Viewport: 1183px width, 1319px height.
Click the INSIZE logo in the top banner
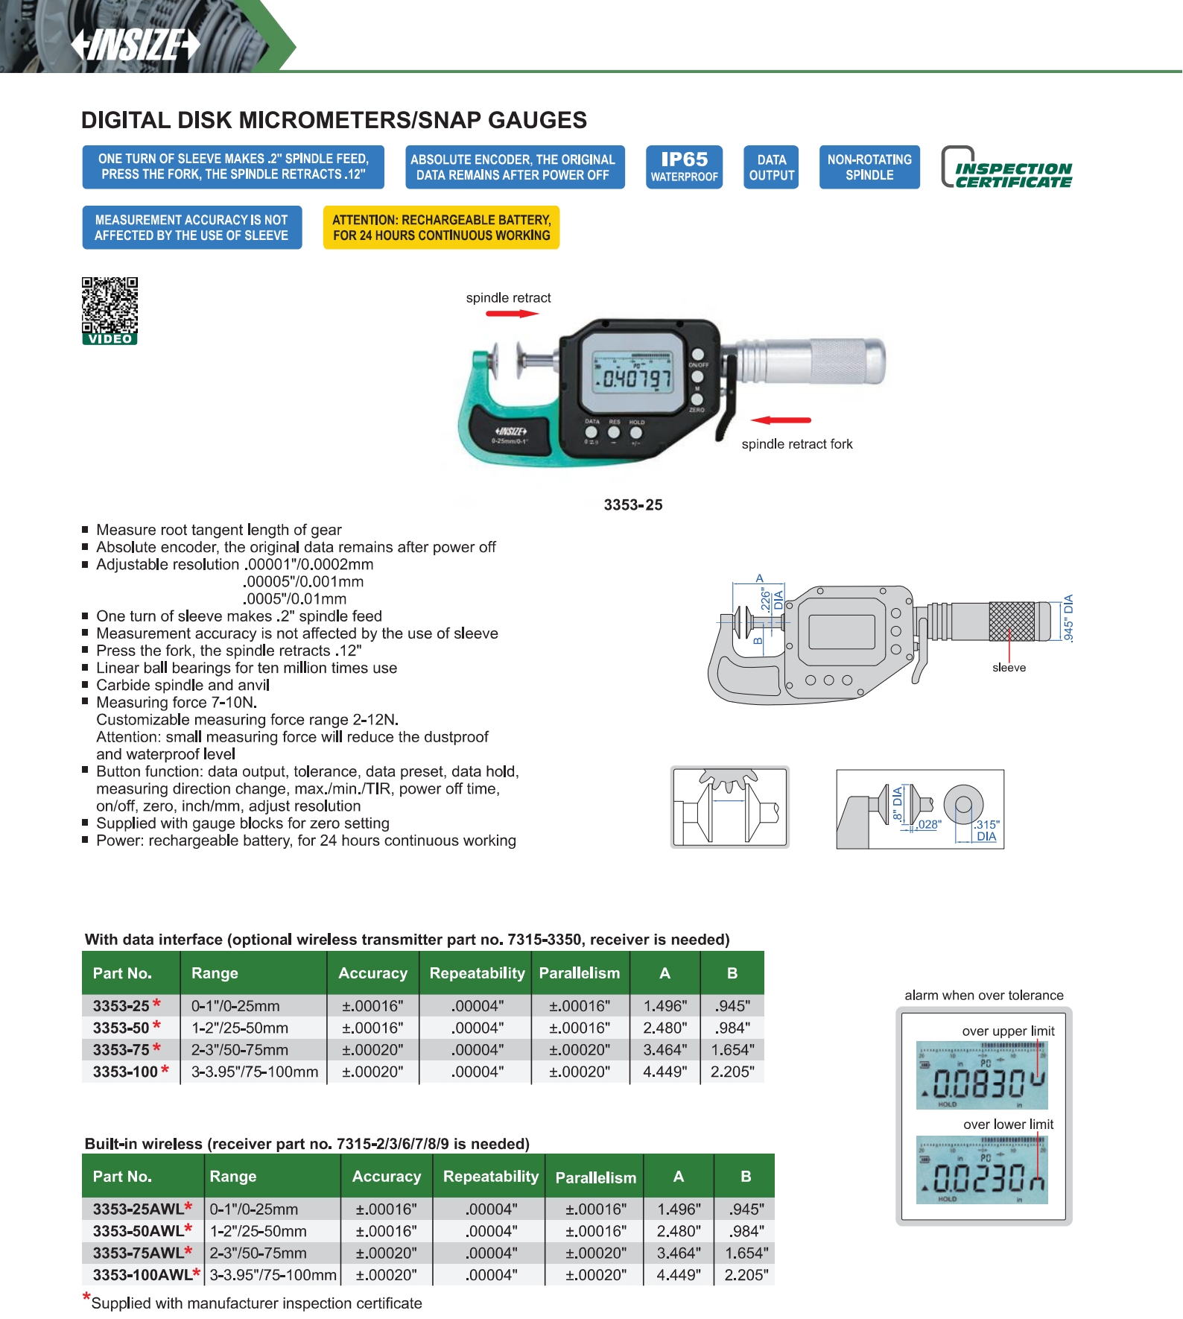(x=136, y=45)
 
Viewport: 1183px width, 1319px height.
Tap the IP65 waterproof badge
(x=684, y=167)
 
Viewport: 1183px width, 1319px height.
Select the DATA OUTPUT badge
(x=771, y=167)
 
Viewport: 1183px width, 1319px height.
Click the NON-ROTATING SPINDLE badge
(x=869, y=167)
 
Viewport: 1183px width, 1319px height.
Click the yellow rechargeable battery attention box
(x=441, y=227)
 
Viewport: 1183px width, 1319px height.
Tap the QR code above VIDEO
(x=110, y=305)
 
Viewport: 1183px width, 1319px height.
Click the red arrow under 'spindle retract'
(x=512, y=314)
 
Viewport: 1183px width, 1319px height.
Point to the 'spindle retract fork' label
(x=797, y=444)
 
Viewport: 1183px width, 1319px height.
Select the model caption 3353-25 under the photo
(x=633, y=504)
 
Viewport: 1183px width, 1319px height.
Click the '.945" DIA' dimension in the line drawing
(x=1068, y=618)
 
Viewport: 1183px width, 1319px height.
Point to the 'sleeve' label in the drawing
(x=1009, y=668)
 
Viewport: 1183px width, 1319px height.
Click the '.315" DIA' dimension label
(x=987, y=830)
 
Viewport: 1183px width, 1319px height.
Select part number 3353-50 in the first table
(x=121, y=1028)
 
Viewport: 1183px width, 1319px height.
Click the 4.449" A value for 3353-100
(x=665, y=1072)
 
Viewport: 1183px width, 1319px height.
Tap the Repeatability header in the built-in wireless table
(x=491, y=1176)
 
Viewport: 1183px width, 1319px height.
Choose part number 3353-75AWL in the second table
(x=138, y=1253)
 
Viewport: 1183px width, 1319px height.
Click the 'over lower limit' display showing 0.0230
(x=982, y=1170)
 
